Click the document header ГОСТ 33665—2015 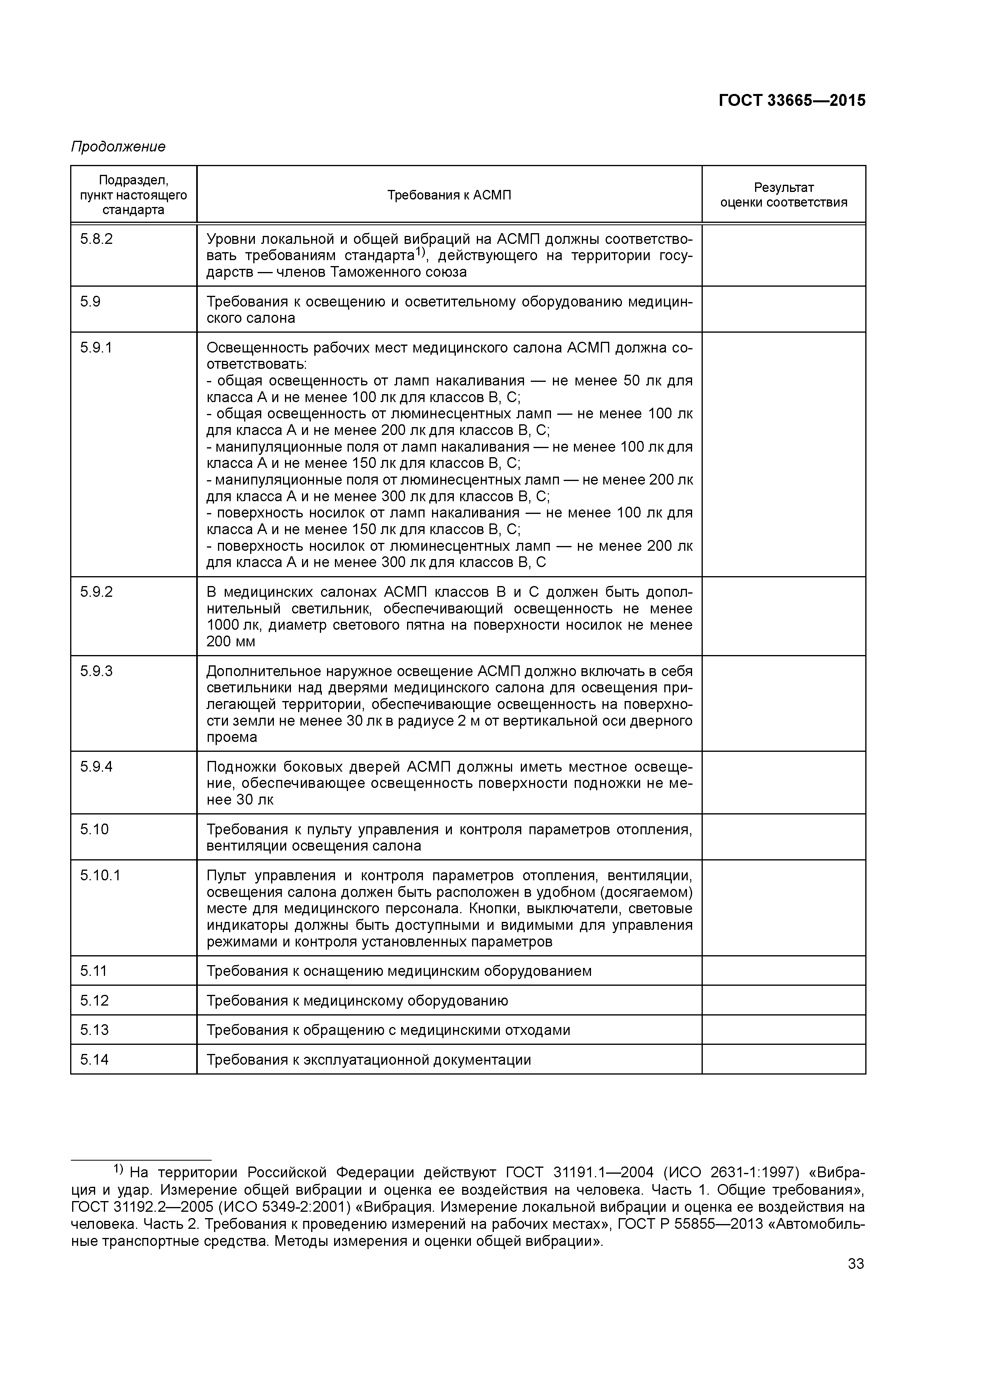pyautogui.click(x=792, y=101)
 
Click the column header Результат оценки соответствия pyautogui.click(x=783, y=195)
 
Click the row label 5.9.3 pyautogui.click(x=96, y=671)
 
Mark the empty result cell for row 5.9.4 pyautogui.click(x=783, y=783)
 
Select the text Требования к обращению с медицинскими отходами pyautogui.click(x=388, y=1030)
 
